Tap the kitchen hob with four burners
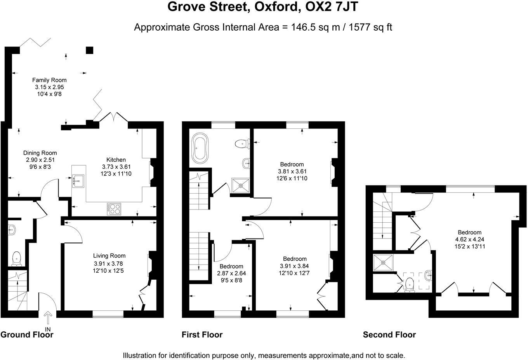(x=114, y=209)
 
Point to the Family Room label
(x=49, y=80)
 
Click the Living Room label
(x=109, y=256)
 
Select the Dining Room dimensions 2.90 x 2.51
(x=40, y=160)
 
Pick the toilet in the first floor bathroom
(x=241, y=144)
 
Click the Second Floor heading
(x=389, y=335)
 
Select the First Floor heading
(x=202, y=335)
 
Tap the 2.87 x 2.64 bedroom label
(x=231, y=273)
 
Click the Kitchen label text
(x=116, y=159)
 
